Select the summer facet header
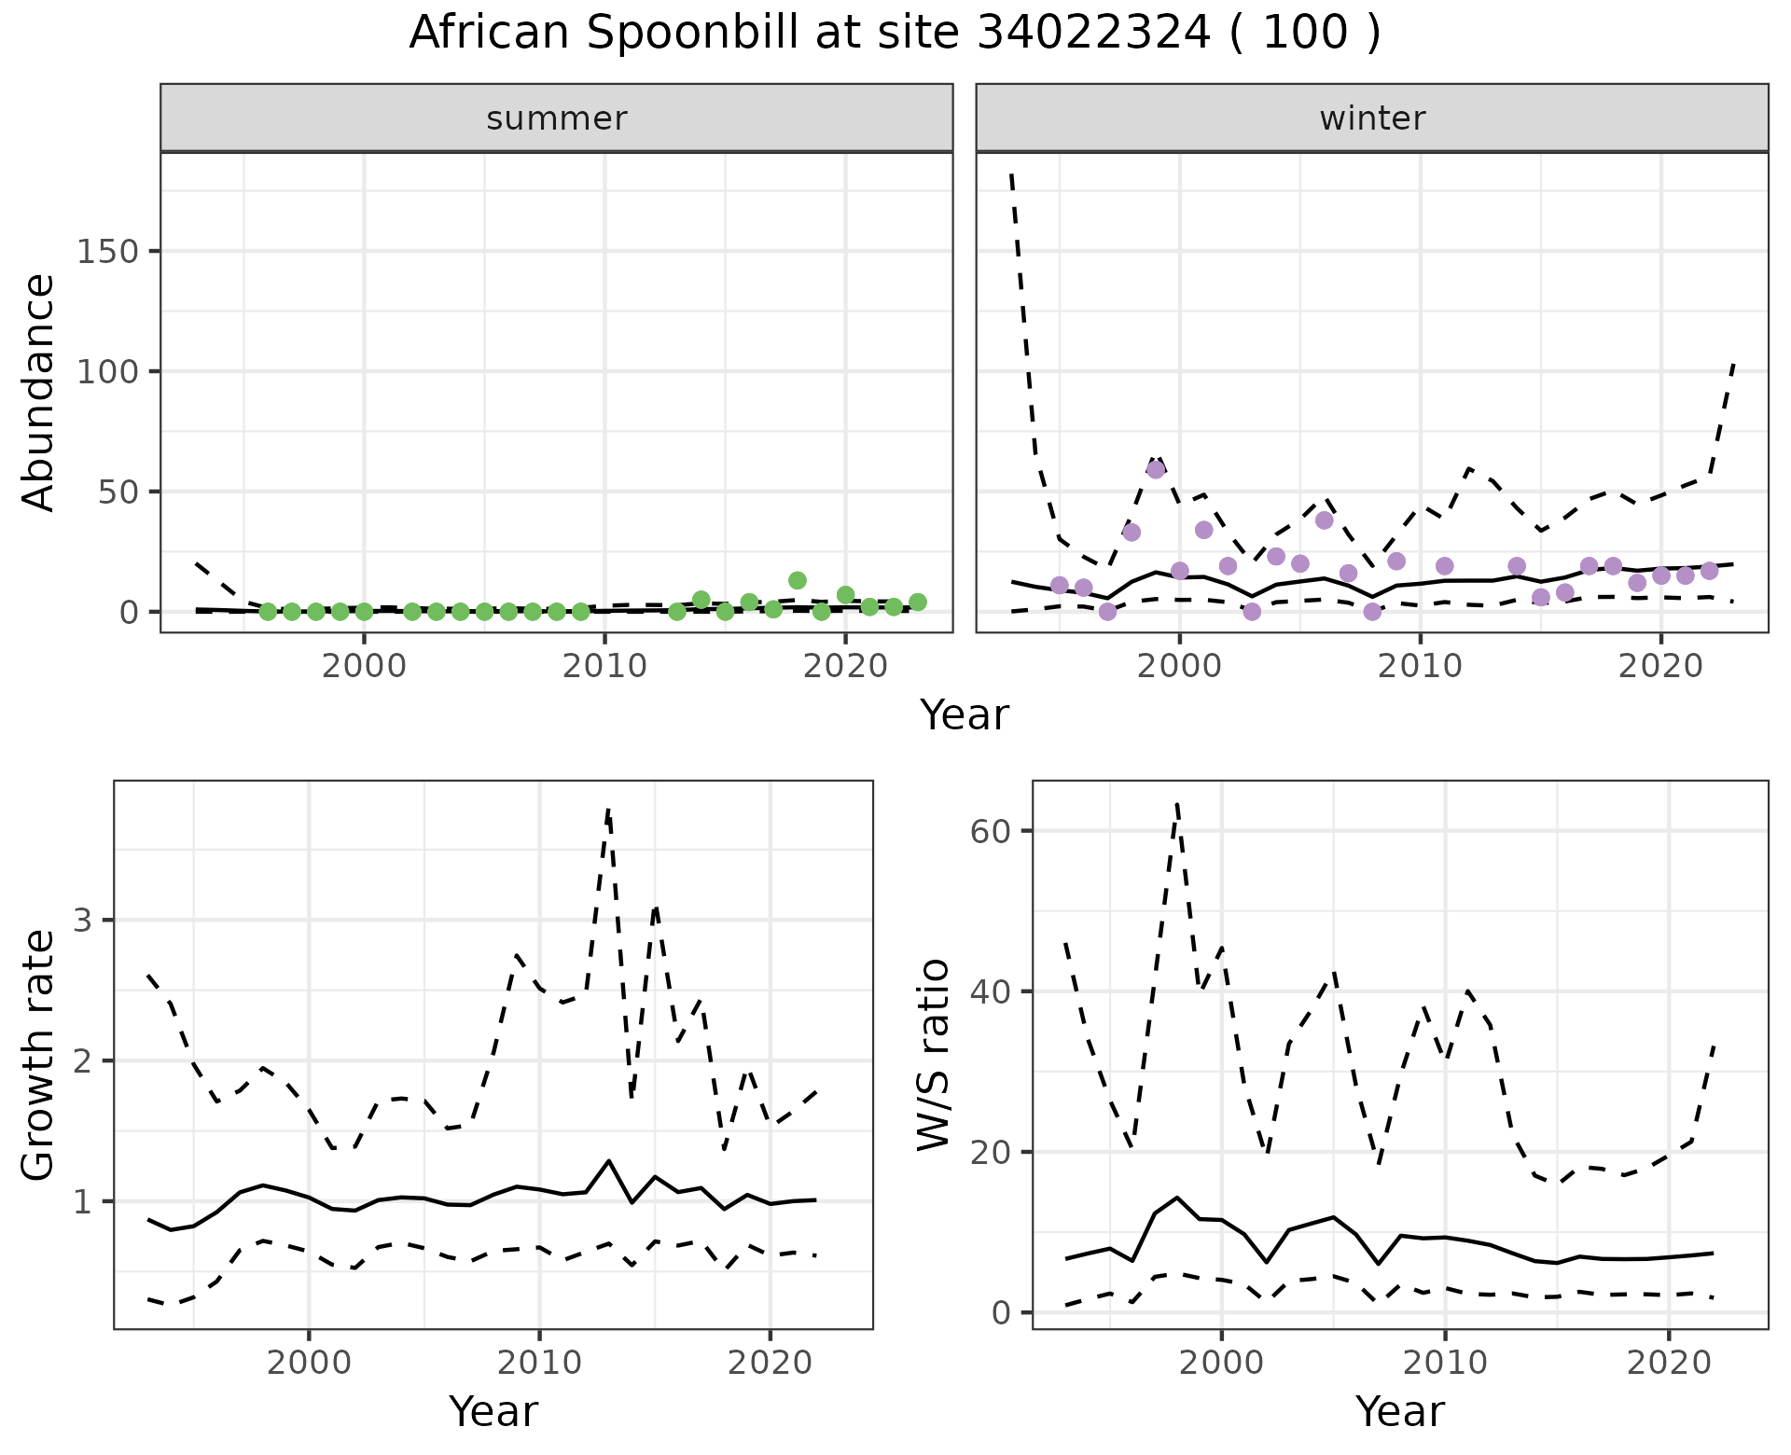(x=557, y=118)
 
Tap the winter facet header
(x=1372, y=118)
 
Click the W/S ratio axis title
(x=933, y=1055)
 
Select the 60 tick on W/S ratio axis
(x=991, y=831)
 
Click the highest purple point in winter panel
(x=1156, y=469)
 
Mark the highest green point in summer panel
(x=797, y=580)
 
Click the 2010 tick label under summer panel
(x=604, y=666)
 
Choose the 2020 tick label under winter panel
(x=1660, y=666)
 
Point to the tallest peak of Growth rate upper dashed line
(x=608, y=810)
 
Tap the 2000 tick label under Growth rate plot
(x=309, y=1363)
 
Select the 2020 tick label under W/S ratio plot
(x=1669, y=1363)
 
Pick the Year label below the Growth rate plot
(x=493, y=1411)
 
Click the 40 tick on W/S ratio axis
(x=991, y=991)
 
